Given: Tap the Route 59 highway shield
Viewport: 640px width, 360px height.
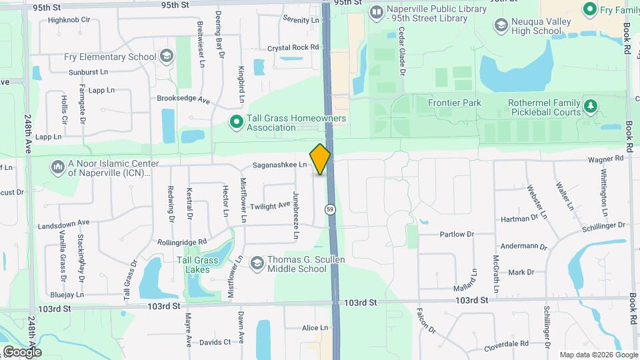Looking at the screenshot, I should click(331, 209).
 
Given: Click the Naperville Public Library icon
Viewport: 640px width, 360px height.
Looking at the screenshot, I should click(377, 12).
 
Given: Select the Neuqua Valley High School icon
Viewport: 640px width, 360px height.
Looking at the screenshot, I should click(501, 25).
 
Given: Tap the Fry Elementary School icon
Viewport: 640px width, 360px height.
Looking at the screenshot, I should click(166, 57).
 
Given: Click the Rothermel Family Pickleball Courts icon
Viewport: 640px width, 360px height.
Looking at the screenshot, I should click(590, 107).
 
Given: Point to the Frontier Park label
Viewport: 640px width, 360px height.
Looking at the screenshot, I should click(454, 103).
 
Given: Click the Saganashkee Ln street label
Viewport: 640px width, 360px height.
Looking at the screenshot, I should click(279, 165).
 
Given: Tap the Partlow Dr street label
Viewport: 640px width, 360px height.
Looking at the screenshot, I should click(456, 234).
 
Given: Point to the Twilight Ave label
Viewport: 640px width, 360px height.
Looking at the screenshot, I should click(271, 206).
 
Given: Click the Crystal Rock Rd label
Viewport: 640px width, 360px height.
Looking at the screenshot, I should click(293, 47).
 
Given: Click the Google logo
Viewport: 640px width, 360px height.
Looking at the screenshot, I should click(22, 351).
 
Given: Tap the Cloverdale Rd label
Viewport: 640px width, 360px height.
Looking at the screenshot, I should click(507, 345).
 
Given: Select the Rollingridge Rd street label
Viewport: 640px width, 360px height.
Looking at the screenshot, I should click(183, 241).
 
